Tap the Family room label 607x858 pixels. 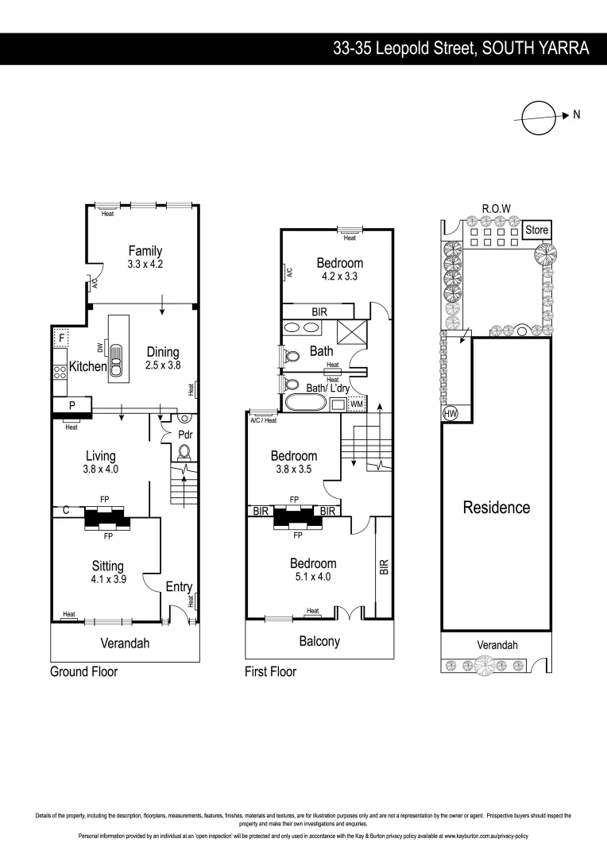(145, 251)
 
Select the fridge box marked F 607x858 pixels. (60, 339)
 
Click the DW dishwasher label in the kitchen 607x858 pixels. (99, 346)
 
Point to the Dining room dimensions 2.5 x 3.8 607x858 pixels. (162, 365)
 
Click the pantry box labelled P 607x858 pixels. (72, 405)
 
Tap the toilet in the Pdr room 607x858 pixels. (184, 452)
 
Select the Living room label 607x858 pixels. (101, 456)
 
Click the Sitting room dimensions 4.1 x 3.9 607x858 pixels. (108, 580)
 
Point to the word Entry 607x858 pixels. (179, 587)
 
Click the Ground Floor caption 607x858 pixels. (83, 672)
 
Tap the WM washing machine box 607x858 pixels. (356, 404)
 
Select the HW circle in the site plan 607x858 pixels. (449, 414)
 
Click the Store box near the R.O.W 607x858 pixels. (536, 230)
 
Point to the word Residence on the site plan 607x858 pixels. (497, 508)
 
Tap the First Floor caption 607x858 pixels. (270, 672)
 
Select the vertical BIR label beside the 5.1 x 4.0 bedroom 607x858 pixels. (384, 566)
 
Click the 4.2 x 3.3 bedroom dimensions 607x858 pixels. (340, 277)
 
